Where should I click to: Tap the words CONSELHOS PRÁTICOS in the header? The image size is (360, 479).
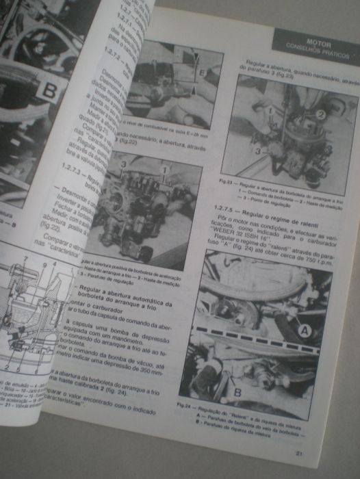pyautogui.click(x=316, y=52)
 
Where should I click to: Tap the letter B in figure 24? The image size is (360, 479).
pyautogui.click(x=237, y=392)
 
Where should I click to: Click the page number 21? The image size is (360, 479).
pyautogui.click(x=298, y=454)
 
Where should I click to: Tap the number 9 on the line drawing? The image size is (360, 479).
pyautogui.click(x=44, y=263)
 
